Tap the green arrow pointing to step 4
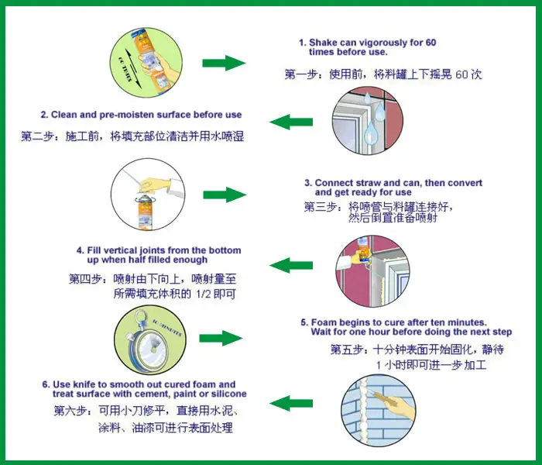pos(290,264)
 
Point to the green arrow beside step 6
pos(290,402)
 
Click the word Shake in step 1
pos(322,42)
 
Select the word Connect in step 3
pos(335,184)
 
